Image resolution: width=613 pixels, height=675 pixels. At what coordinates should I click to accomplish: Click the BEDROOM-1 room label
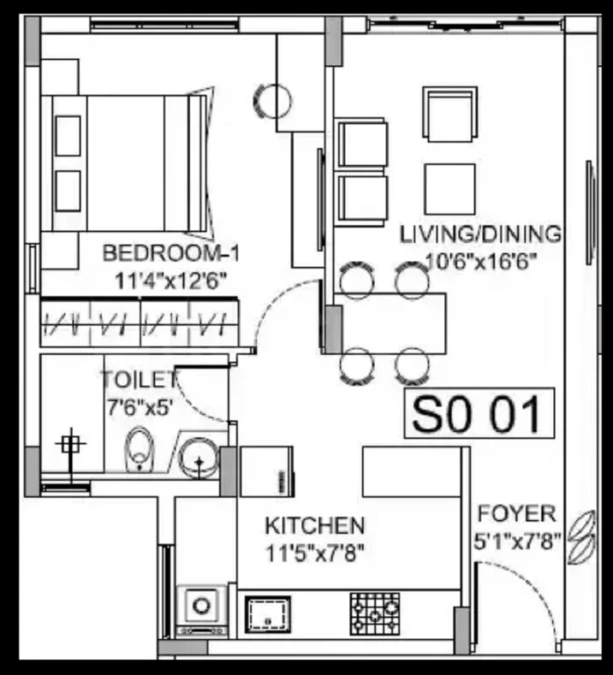171,253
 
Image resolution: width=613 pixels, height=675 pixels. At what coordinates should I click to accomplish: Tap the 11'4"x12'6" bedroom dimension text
171,282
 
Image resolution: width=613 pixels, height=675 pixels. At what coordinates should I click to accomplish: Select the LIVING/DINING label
481,235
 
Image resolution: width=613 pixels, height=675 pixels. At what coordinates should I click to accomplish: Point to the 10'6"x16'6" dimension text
481,261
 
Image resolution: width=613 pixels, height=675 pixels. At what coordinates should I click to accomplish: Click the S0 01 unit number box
479,413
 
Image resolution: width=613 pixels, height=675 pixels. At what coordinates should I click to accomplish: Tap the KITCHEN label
315,526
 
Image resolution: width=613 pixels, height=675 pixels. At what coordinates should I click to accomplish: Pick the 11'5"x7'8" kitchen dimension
315,554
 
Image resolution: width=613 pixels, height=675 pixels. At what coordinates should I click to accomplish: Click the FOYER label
517,514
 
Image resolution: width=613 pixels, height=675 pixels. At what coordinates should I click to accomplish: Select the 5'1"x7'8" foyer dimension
518,541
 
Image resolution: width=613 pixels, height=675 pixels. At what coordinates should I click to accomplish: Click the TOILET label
140,380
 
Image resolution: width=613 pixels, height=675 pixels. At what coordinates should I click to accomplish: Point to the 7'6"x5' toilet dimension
140,407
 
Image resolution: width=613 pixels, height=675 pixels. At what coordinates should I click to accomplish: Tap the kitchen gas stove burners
375,613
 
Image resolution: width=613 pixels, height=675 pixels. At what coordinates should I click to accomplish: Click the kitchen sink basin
267,614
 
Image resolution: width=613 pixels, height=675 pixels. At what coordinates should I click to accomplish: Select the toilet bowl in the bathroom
139,449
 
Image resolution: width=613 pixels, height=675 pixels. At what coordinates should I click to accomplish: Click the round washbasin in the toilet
199,458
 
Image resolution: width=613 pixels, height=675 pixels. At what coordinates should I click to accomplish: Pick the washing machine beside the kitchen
201,611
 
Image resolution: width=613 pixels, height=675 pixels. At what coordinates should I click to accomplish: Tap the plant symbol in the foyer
582,537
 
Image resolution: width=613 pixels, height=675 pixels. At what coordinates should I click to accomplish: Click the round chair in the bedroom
273,101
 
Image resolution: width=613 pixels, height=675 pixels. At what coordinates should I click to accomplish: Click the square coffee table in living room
449,189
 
